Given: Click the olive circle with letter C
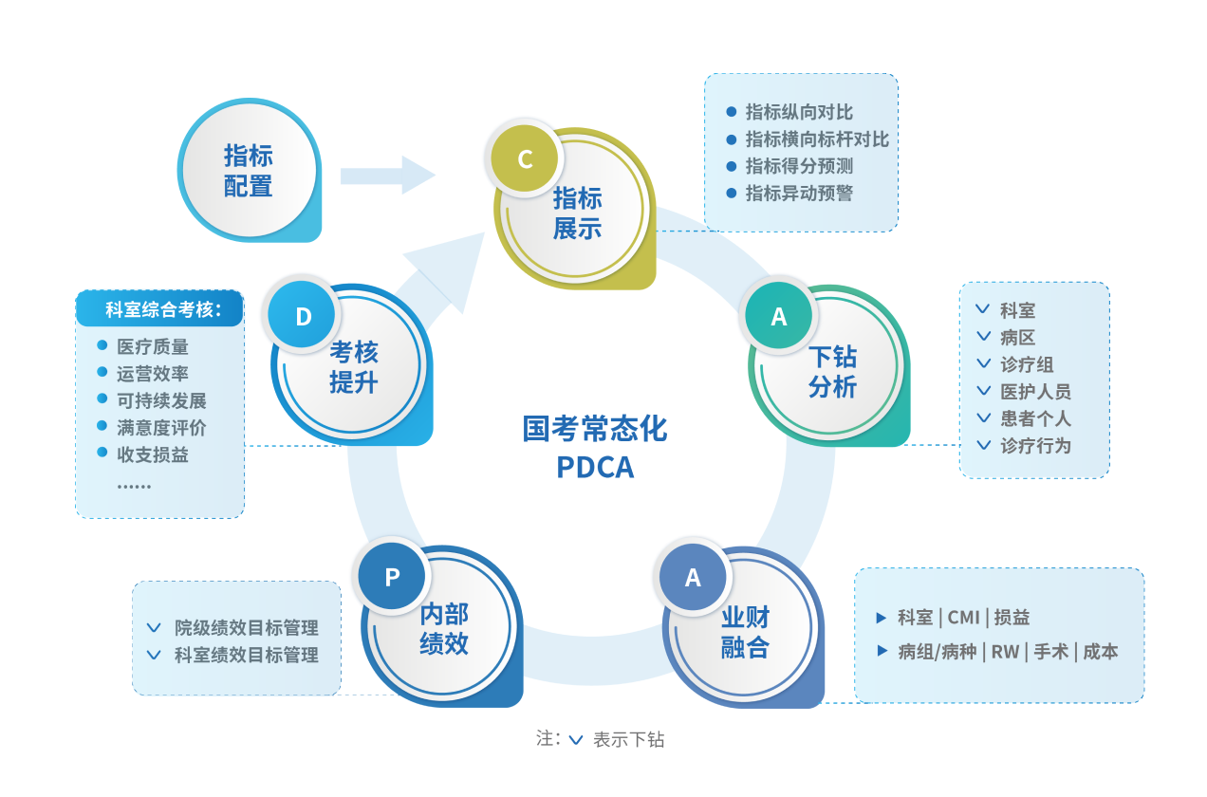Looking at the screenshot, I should (x=525, y=158).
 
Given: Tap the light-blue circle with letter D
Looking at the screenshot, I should (x=304, y=316).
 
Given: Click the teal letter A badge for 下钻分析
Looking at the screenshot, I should (x=779, y=317).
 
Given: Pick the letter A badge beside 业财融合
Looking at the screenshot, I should (x=693, y=577).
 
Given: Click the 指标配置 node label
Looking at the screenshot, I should (x=249, y=171).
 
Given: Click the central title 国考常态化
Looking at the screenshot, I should (x=595, y=429).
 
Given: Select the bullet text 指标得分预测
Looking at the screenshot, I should (x=799, y=166).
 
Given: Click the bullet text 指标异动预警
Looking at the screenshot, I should (x=799, y=194).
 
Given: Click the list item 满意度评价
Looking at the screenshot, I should (x=161, y=428).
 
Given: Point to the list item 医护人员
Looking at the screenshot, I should (x=1035, y=391).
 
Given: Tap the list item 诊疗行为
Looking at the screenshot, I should (x=1035, y=445).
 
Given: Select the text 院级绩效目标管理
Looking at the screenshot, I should (x=246, y=628).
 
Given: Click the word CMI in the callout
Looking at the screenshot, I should (x=963, y=618).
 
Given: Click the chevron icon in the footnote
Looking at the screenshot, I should (x=576, y=740).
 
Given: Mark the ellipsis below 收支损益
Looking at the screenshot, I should (x=134, y=485).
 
